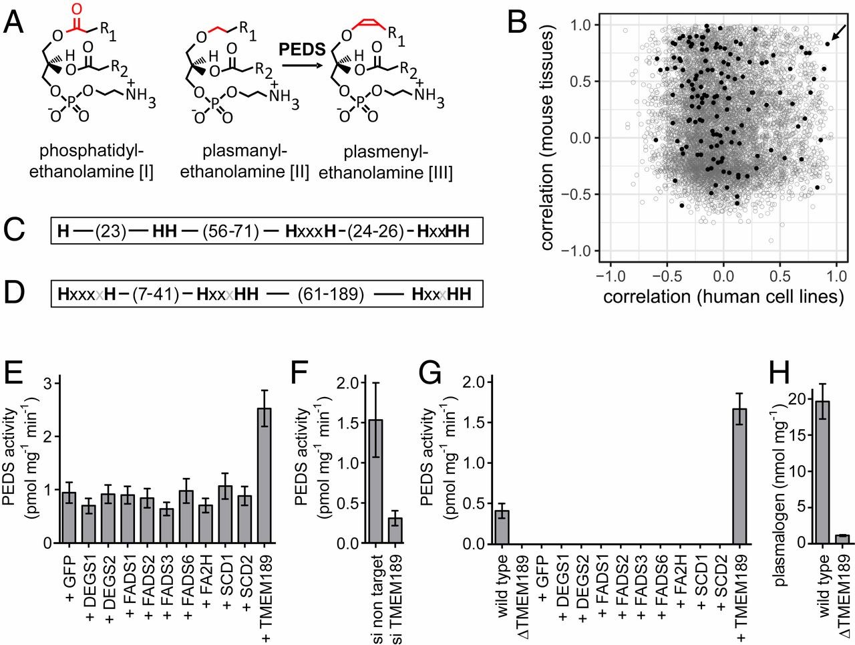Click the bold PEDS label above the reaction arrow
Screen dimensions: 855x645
(x=302, y=49)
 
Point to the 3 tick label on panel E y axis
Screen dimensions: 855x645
(x=47, y=384)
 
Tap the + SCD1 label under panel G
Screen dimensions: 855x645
(x=700, y=584)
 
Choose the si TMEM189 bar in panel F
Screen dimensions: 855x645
(x=395, y=531)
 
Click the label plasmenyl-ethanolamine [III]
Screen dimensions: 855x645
(x=385, y=163)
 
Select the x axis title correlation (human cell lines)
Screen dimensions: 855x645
(x=723, y=295)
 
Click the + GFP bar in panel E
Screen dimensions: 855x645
(x=69, y=517)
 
